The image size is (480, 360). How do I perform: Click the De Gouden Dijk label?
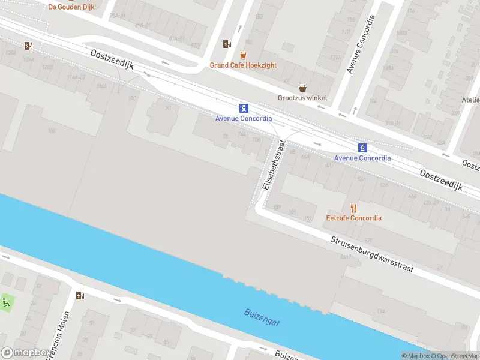pos(73,7)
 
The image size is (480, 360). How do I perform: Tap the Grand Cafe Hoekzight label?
pos(243,65)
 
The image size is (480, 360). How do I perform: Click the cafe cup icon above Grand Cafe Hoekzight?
pos(244,55)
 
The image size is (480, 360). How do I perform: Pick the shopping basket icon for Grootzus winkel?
pos(303,88)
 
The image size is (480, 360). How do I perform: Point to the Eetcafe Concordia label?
pos(353,218)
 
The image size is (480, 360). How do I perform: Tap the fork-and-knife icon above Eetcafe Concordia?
pos(353,208)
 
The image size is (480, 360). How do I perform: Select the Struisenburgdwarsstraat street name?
pos(372,255)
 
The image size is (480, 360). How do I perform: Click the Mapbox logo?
pos(25,353)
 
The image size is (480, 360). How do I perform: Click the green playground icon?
pos(7,302)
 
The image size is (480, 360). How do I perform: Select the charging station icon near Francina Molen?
pos(80,295)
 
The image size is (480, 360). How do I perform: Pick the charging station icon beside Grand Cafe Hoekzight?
pos(226,44)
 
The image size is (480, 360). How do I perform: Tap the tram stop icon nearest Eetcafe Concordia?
pos(362,148)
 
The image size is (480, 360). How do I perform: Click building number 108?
pos(52,130)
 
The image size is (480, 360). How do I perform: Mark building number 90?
pos(169,107)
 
